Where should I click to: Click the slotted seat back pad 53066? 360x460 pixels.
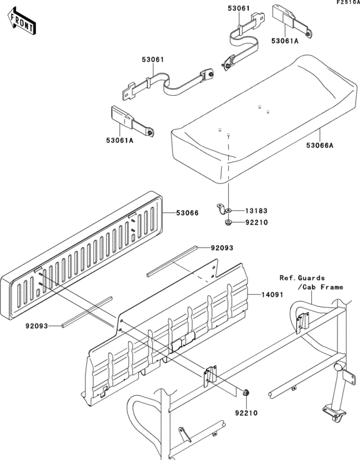coord(84,257)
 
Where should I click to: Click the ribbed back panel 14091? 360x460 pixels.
coord(174,322)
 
